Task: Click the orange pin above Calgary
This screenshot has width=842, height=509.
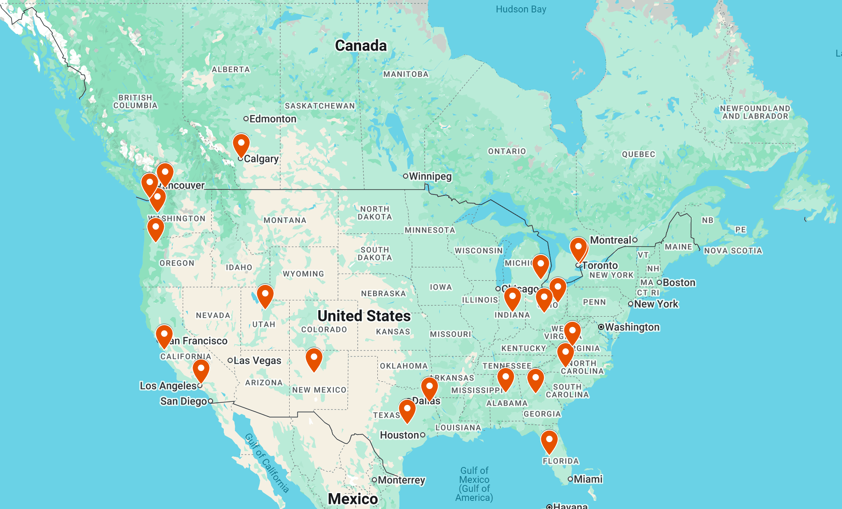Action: pyautogui.click(x=241, y=145)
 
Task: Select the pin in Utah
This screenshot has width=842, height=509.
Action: pyautogui.click(x=265, y=296)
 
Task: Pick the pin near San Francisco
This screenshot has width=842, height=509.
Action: pyautogui.click(x=164, y=336)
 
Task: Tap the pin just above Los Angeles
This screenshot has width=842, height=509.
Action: pyautogui.click(x=201, y=371)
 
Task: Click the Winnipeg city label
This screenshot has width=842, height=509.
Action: pyautogui.click(x=430, y=176)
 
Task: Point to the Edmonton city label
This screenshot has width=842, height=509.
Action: pyautogui.click(x=273, y=119)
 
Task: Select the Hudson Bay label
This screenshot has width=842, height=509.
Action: pyautogui.click(x=521, y=9)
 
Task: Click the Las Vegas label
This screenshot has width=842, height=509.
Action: pyautogui.click(x=257, y=360)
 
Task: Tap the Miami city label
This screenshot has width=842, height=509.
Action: pyautogui.click(x=587, y=479)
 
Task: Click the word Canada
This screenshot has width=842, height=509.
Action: pyautogui.click(x=361, y=45)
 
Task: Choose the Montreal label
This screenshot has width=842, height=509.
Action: pyautogui.click(x=611, y=240)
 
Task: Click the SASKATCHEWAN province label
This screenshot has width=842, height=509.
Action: pyautogui.click(x=320, y=106)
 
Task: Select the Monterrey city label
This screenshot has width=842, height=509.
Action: pyautogui.click(x=401, y=480)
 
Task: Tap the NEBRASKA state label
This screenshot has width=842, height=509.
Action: pyautogui.click(x=383, y=293)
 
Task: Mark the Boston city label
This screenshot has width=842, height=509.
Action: pyautogui.click(x=679, y=282)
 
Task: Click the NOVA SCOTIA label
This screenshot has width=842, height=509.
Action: pyautogui.click(x=733, y=251)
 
